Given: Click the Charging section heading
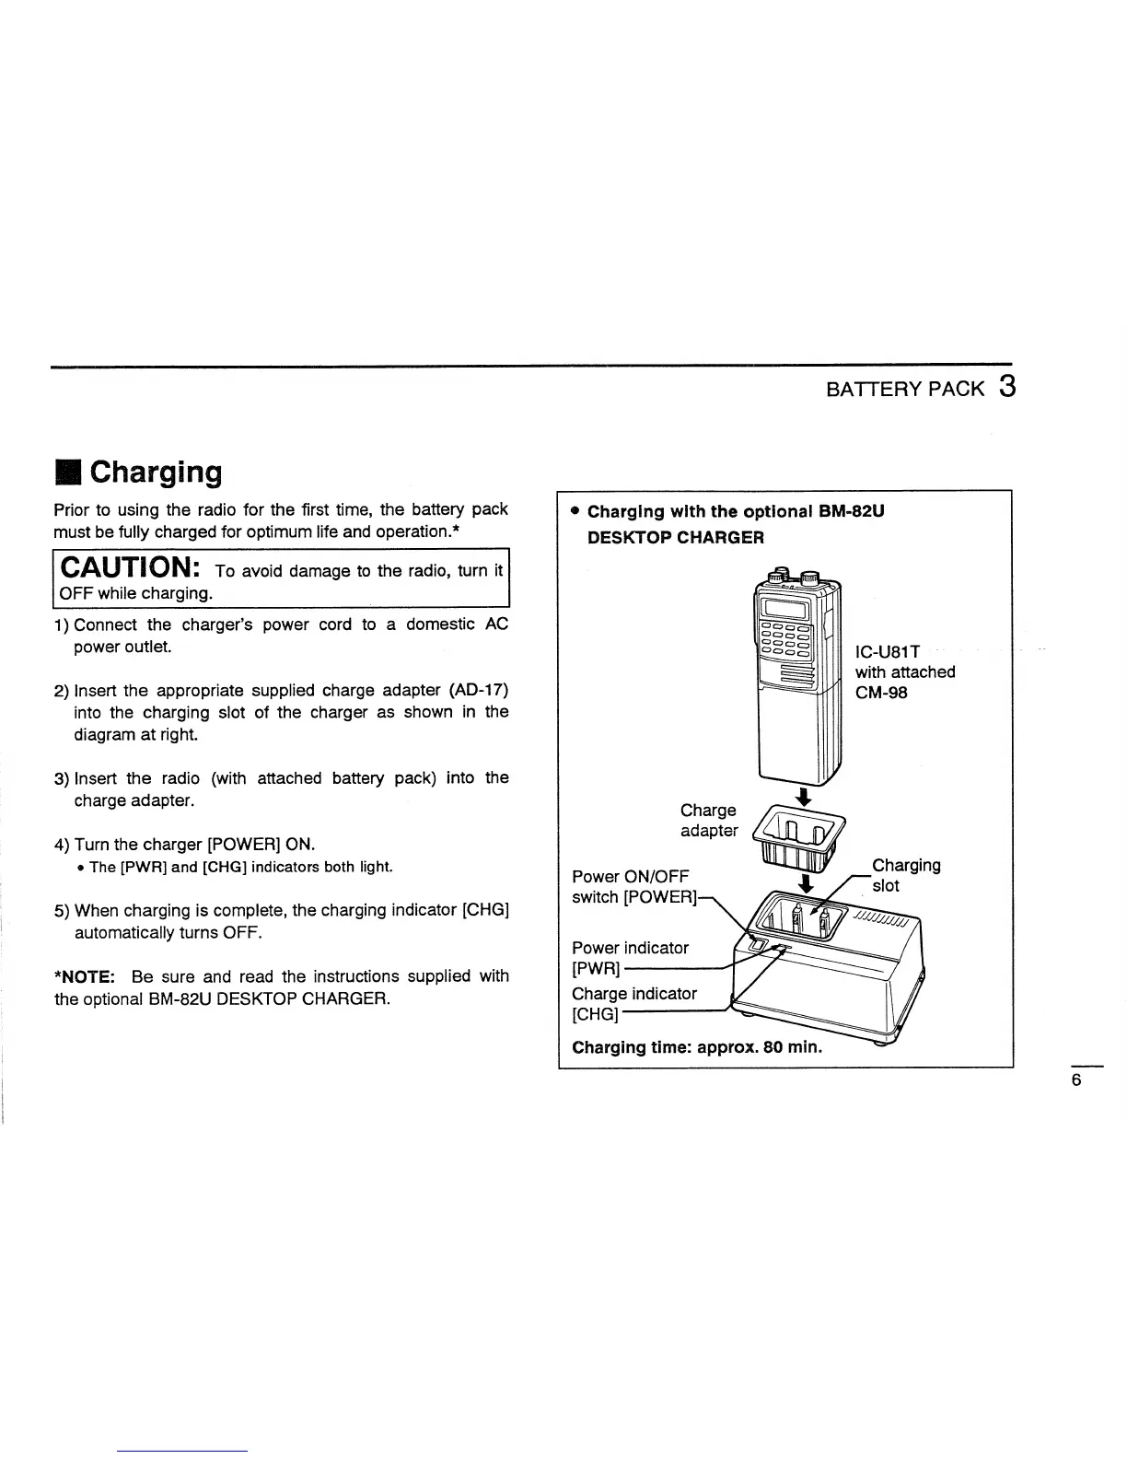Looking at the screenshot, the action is tap(156, 473).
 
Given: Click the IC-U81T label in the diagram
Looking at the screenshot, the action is tap(888, 652).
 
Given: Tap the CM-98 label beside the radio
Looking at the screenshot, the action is tap(881, 693).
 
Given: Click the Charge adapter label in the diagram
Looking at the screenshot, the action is tap(708, 820).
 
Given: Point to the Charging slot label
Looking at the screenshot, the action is tap(905, 875).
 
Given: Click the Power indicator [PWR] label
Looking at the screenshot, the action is tap(630, 957).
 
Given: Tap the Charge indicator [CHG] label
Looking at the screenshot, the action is tap(633, 1003).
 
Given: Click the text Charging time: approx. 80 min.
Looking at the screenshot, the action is tap(697, 1048).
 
